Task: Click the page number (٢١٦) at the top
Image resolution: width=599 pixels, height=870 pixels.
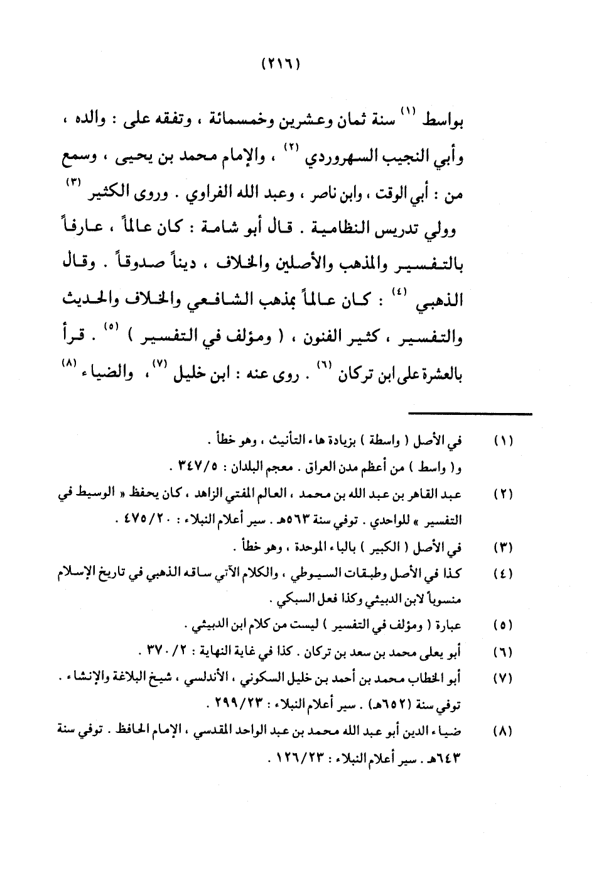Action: [x=280, y=64]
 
